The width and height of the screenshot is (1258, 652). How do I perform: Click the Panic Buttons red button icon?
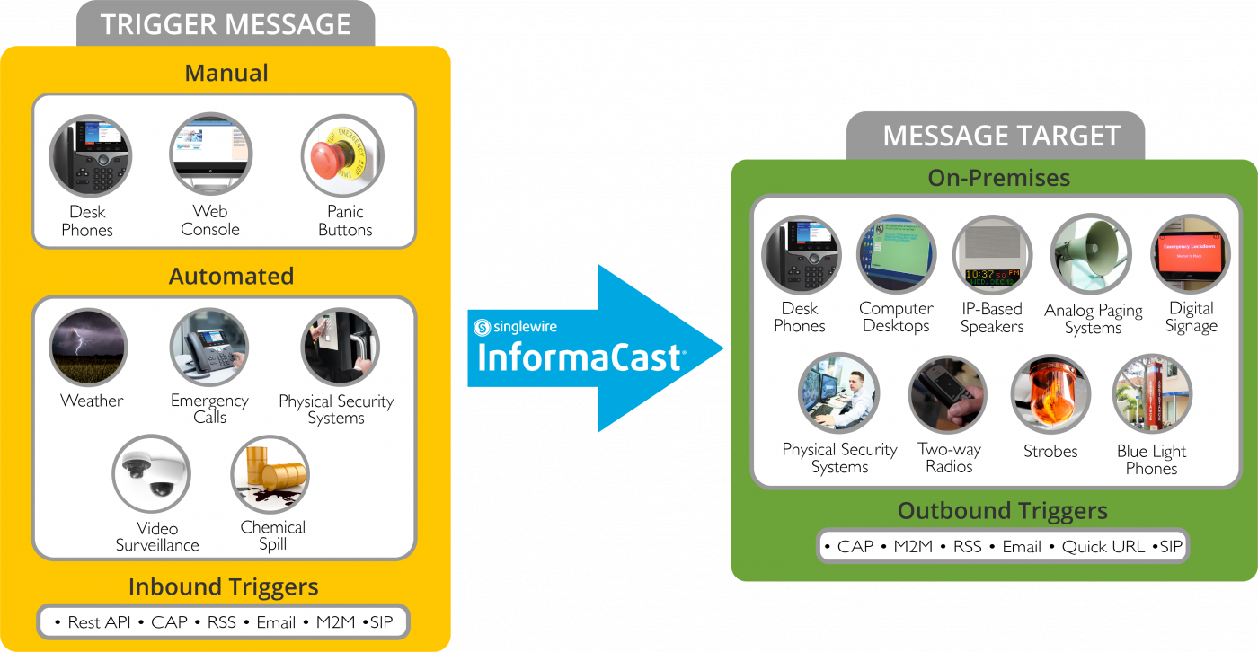click(342, 155)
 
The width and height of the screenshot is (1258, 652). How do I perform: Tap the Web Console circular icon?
click(211, 154)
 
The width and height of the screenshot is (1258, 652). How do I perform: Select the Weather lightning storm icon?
click(88, 348)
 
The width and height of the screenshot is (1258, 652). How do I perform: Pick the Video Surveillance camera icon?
click(151, 475)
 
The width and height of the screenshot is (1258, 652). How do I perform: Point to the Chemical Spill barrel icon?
click(270, 474)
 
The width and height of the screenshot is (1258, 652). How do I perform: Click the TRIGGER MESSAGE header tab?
click(226, 24)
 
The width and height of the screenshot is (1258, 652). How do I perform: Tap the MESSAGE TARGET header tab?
click(1001, 136)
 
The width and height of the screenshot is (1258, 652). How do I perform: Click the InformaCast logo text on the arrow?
click(580, 357)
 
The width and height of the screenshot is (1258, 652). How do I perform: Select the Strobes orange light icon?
click(1050, 395)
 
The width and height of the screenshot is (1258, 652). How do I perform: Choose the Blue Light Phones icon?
click(1152, 395)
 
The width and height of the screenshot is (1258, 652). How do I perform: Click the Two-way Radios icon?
click(948, 395)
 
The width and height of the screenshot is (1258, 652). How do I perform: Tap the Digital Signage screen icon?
click(1191, 255)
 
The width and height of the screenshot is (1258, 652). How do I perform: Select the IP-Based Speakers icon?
click(992, 255)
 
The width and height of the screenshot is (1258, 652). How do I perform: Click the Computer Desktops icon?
click(896, 255)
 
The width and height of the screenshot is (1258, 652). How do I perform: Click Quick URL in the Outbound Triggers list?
click(1103, 546)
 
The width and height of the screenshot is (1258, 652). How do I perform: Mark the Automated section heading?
click(231, 276)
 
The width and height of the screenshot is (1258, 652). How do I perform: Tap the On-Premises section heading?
click(998, 178)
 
